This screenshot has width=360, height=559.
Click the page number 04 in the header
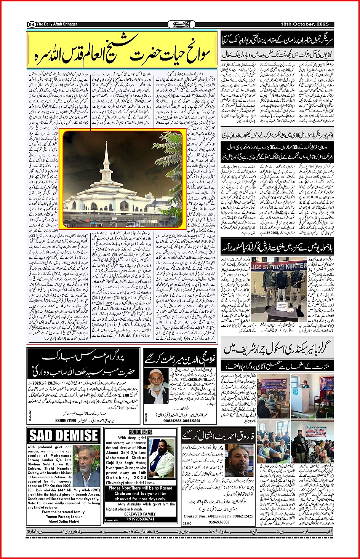(x=31, y=24)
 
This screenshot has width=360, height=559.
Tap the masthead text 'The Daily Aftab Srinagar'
(x=56, y=24)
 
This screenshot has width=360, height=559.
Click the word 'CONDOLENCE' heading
(x=140, y=432)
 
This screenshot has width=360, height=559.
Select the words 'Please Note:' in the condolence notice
(x=120, y=488)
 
